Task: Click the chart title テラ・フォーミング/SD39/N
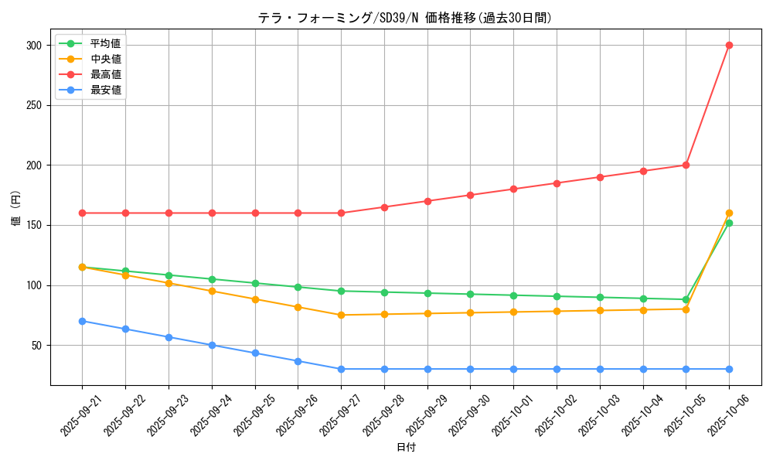tap(405, 18)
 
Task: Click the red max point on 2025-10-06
tap(729, 45)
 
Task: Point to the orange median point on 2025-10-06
tap(729, 213)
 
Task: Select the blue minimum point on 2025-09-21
tap(82, 321)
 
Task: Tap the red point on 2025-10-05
tap(686, 165)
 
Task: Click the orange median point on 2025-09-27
tap(341, 315)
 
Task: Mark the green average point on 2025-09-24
tap(212, 279)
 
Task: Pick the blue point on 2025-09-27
tap(341, 369)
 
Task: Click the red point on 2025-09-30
tap(470, 195)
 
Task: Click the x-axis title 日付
tap(405, 448)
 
